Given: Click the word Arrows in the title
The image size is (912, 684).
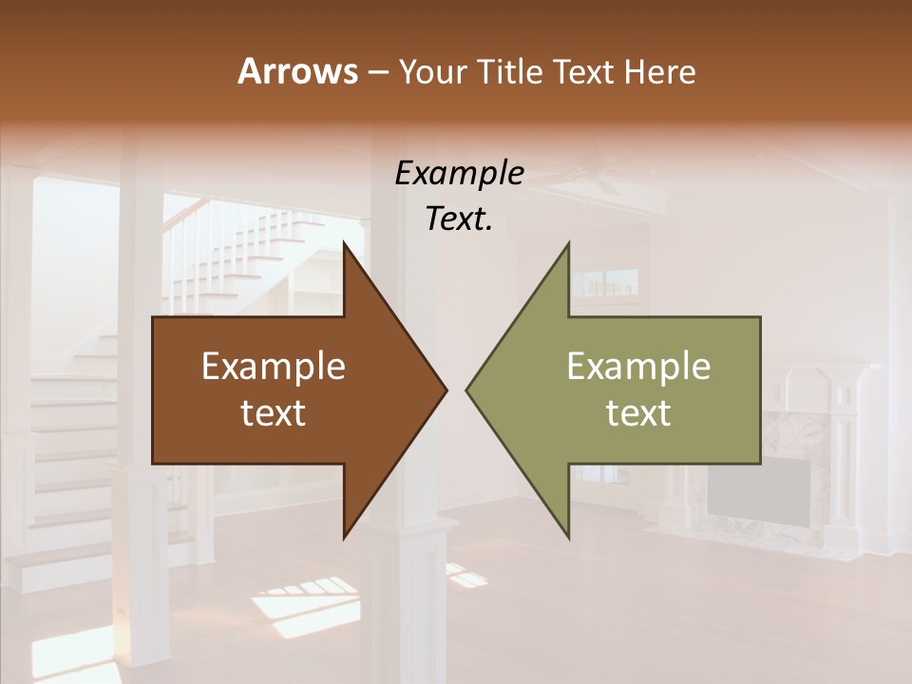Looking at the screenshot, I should coord(297,71).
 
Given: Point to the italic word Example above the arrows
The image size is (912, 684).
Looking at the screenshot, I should coord(459,174).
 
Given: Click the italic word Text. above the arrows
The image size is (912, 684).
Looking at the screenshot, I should coord(459,219).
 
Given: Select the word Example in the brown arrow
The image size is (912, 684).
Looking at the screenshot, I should coord(274,367).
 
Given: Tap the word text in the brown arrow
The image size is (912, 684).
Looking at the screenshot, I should coord(274,413).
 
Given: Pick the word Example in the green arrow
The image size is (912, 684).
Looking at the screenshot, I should coord(638,367).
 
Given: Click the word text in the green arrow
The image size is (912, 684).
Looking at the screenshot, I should coord(638,413).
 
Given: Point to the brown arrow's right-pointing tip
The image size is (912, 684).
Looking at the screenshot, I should coord(446,389).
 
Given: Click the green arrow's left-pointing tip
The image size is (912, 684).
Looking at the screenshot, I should coord(466,389).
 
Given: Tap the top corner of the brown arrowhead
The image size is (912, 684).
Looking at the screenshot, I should coord(344,243).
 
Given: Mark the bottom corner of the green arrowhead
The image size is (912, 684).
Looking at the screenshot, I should coord(569,538).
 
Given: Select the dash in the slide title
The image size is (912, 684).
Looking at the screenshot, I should coord(377,72).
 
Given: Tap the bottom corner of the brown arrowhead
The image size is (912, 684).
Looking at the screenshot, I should coord(344,538).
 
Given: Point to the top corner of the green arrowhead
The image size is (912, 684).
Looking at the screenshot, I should coord(569,243).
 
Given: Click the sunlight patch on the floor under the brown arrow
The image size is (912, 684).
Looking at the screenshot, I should coord(304,608).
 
